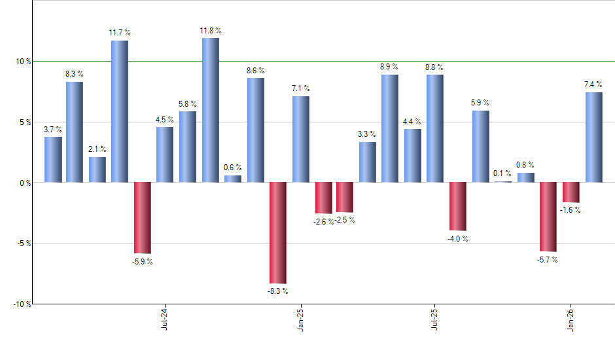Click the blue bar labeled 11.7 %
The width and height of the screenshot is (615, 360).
(x=119, y=111)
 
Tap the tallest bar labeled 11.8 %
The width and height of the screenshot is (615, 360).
(x=210, y=110)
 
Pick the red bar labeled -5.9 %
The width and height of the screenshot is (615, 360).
(x=142, y=217)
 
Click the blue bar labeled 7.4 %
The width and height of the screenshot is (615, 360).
(x=593, y=137)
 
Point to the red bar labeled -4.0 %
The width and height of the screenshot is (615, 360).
(x=458, y=206)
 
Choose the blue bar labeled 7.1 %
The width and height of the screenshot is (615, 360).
(x=301, y=139)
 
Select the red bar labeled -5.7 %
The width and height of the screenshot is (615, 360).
(x=548, y=217)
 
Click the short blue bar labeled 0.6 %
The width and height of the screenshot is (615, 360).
(x=233, y=178)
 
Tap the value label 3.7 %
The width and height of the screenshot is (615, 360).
(x=53, y=130)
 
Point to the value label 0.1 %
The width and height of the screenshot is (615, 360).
(x=502, y=173)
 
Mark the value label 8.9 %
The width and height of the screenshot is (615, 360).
(x=389, y=67)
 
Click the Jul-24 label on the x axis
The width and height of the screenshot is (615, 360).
(x=164, y=319)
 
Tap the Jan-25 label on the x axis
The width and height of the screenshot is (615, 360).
(x=300, y=319)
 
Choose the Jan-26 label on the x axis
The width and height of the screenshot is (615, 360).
(x=571, y=319)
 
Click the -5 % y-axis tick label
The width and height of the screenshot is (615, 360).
(x=23, y=243)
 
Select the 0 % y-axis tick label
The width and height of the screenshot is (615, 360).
(x=25, y=183)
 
